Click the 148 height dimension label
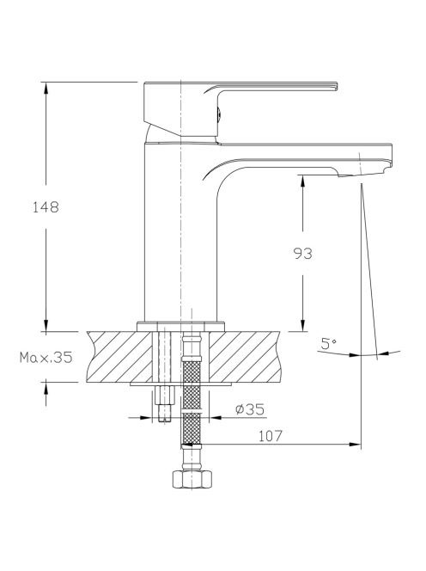[x=46, y=207]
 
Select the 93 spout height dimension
[x=302, y=254]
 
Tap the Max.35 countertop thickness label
[x=46, y=358]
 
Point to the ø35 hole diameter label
[x=250, y=409]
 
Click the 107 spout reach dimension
[x=271, y=436]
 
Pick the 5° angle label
[x=328, y=343]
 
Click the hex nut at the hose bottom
[x=192, y=479]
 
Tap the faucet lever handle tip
[x=337, y=86]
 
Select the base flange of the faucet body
[x=181, y=327]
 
